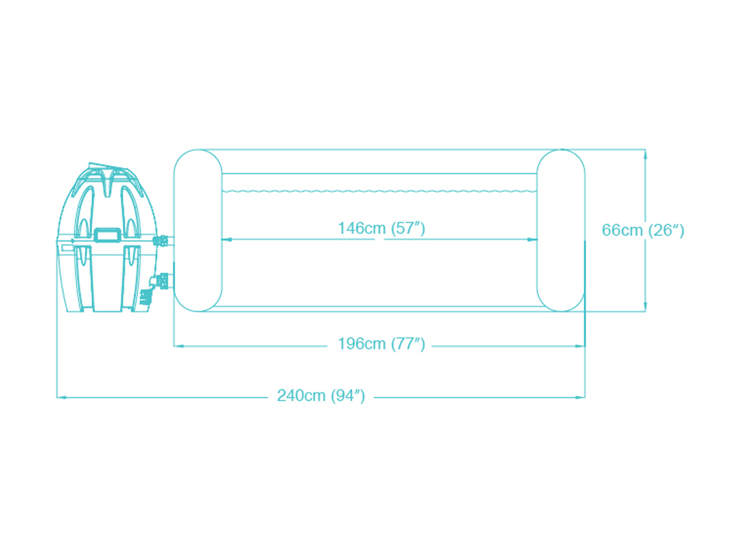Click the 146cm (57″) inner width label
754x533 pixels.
point(381,227)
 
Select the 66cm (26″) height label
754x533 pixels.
point(643,230)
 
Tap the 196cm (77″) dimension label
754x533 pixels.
point(381,344)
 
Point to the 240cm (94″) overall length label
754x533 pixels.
point(321,395)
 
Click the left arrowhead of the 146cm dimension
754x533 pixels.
point(227,239)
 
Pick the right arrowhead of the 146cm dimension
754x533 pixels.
point(532,239)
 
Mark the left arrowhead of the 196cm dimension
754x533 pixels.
point(178,345)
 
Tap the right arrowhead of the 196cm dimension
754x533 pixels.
point(580,345)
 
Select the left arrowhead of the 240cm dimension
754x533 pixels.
point(62,398)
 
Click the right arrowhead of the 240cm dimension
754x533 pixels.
point(580,398)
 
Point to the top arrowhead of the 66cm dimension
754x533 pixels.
point(645,155)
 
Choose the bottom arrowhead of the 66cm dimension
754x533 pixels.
point(645,307)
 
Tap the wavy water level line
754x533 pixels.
point(379,191)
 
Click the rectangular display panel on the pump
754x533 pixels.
point(108,235)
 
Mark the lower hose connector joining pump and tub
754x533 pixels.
point(160,280)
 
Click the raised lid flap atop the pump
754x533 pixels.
point(109,167)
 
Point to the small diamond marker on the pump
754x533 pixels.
point(73,241)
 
